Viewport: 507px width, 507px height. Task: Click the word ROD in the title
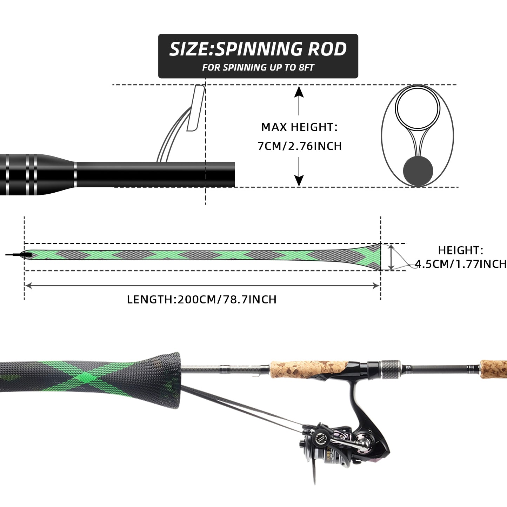point(327,49)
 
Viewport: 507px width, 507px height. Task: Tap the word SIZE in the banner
point(189,49)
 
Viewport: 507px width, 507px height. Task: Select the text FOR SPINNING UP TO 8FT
point(258,67)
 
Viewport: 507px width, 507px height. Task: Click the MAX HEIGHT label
point(299,127)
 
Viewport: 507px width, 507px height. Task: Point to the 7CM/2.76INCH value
point(299,146)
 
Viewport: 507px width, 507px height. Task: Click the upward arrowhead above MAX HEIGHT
point(299,92)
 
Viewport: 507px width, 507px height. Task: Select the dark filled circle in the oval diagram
point(418,171)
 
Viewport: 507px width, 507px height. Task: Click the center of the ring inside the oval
point(418,107)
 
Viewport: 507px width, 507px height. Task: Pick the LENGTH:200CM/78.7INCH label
point(202,299)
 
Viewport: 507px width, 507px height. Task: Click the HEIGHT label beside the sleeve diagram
point(460,250)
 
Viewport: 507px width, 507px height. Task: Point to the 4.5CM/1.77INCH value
point(461,264)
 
